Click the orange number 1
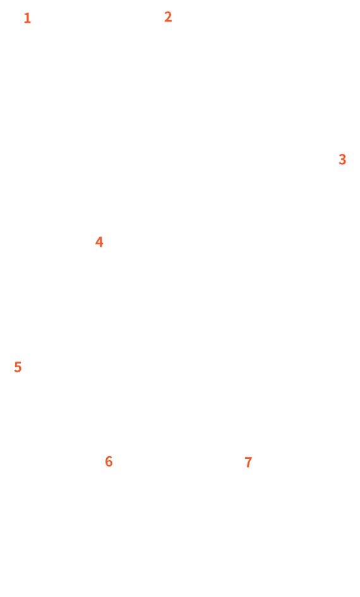coord(27,18)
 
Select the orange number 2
coord(168,17)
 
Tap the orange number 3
coord(342,159)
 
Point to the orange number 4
coord(99,242)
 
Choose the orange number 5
coord(18,367)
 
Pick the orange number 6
coord(109,461)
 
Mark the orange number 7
coord(248,462)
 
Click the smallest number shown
coord(27,18)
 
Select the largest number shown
coord(248,462)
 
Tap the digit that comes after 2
coord(342,159)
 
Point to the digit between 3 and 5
coord(99,242)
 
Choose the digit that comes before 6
coord(18,367)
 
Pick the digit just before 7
coord(109,461)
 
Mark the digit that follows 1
coord(168,17)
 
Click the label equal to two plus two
coord(99,242)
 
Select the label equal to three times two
coord(109,461)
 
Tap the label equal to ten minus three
coord(248,462)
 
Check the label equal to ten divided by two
coord(18,367)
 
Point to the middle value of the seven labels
coord(99,242)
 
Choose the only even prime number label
coord(168,17)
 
